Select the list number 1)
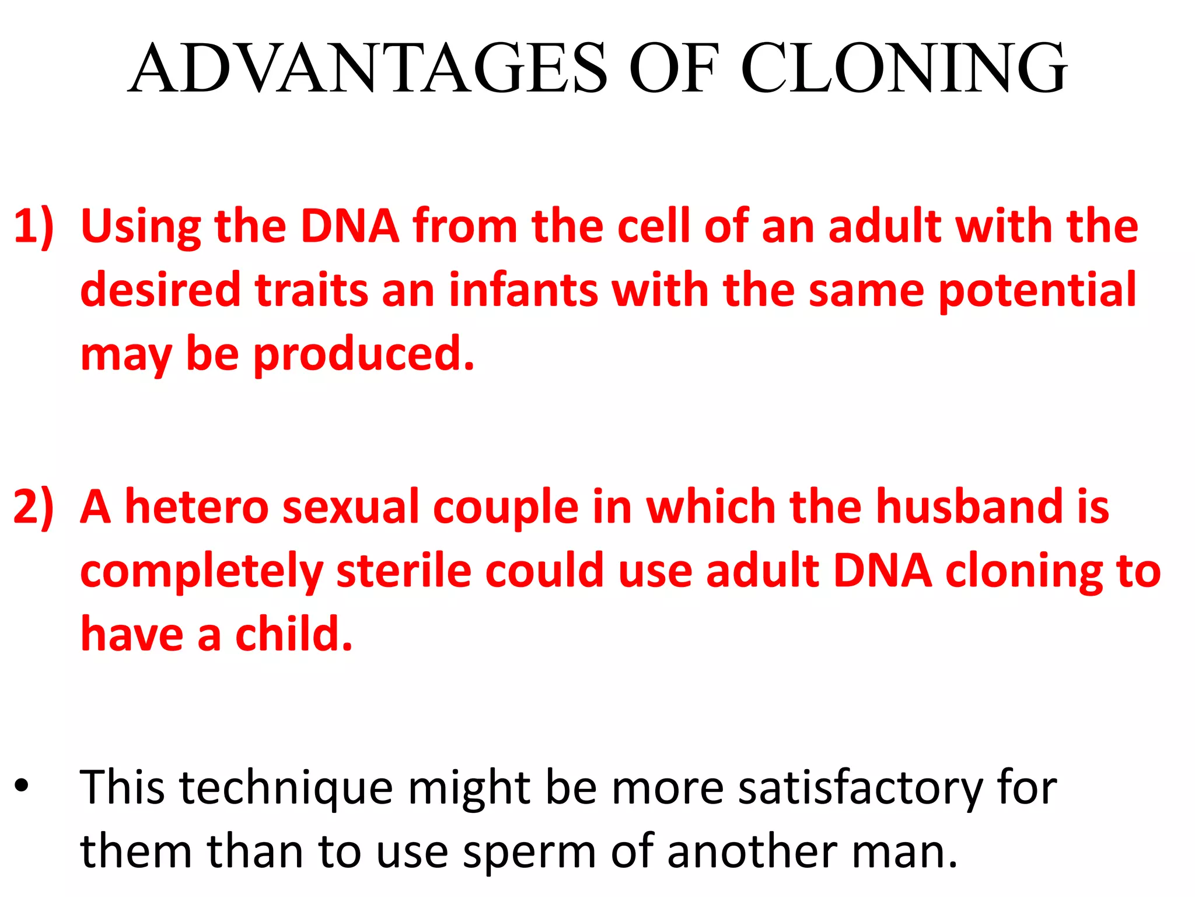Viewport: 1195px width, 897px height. tap(33, 227)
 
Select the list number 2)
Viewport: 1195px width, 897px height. tap(33, 507)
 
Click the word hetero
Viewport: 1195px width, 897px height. tap(197, 507)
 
